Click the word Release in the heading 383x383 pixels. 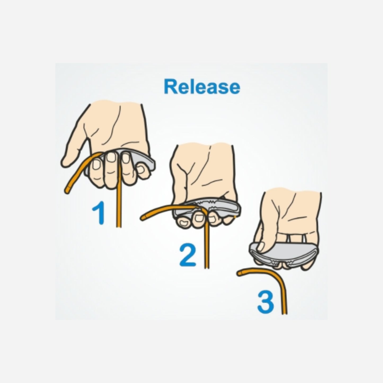point(202,87)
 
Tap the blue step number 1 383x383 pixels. point(99,213)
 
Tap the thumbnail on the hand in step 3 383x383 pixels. point(261,246)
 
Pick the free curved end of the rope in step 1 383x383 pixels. point(67,190)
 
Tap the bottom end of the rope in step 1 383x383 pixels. point(119,226)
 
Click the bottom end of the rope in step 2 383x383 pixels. point(207,267)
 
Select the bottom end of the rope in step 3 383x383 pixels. point(285,313)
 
